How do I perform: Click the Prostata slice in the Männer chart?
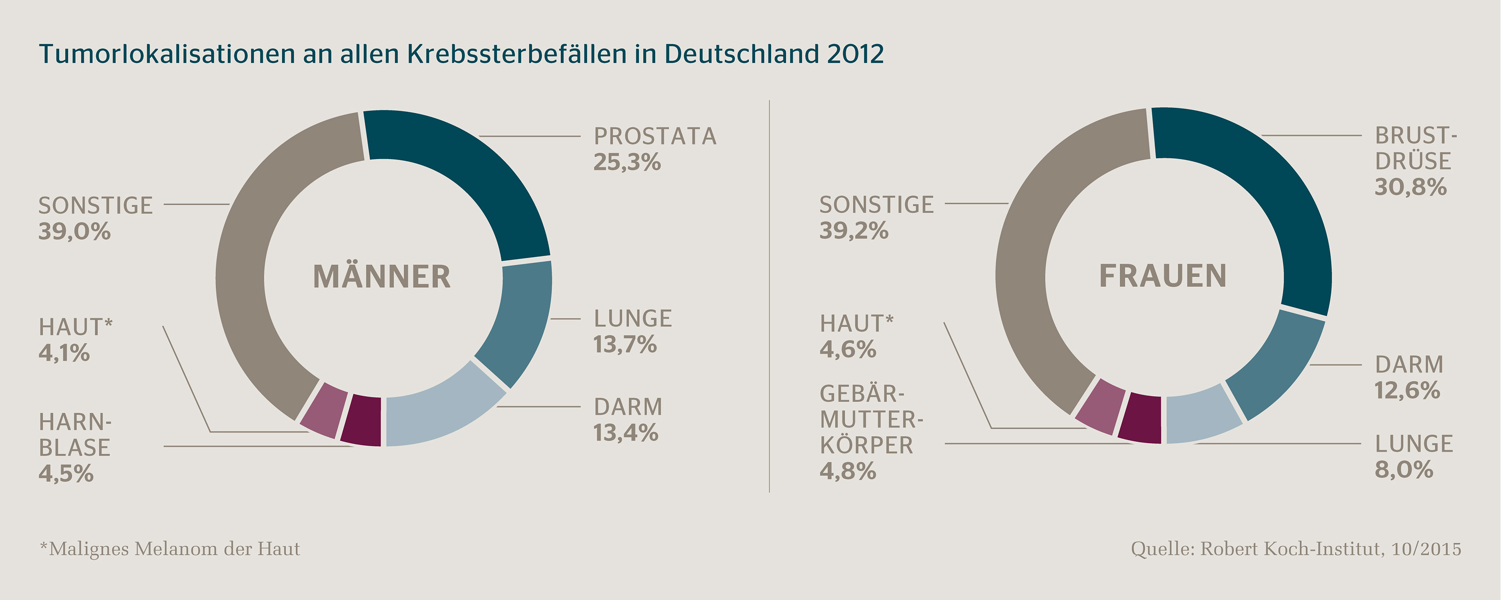tap(466, 175)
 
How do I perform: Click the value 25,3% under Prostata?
tap(627, 163)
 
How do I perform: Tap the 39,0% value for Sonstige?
tap(74, 232)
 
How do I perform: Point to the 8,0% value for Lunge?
tap(1404, 469)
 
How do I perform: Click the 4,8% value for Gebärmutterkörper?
tap(848, 471)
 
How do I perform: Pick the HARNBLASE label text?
tap(75, 435)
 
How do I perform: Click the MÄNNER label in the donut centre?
tap(382, 277)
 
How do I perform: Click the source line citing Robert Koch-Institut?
tap(1296, 549)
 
